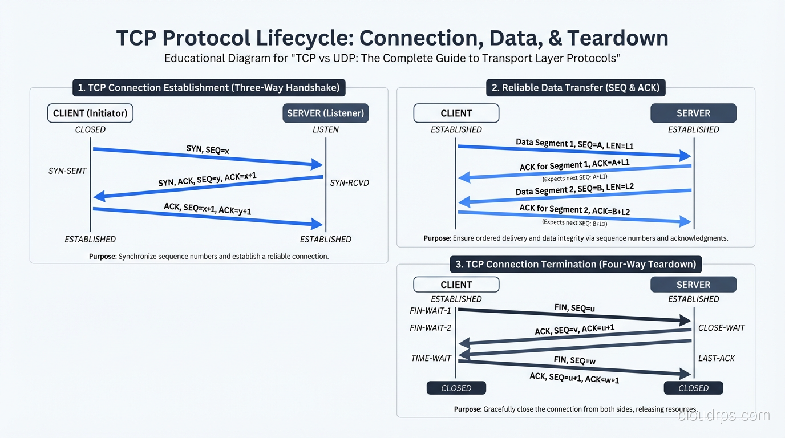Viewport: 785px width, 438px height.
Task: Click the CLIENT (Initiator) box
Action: [90, 113]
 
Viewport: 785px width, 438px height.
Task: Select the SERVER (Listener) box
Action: [325, 113]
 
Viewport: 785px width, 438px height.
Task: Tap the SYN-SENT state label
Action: [67, 171]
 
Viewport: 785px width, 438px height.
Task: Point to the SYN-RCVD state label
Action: [350, 183]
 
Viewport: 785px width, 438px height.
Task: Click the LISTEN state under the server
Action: [325, 129]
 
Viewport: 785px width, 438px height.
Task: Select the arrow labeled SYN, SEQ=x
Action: [208, 157]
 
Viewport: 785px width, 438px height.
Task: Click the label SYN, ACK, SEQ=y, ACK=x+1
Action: [207, 180]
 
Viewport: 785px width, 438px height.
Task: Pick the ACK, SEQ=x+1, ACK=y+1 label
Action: [207, 209]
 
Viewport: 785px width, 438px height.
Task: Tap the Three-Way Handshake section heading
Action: [209, 88]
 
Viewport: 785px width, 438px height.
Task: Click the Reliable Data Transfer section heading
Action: [575, 88]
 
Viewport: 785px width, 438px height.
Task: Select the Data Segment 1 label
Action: [574, 144]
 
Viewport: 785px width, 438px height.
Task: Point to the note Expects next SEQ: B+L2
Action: [574, 224]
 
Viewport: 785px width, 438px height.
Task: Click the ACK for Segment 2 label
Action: [574, 210]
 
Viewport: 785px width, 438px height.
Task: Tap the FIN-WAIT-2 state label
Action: [430, 328]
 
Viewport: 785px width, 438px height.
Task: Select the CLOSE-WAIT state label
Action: [721, 328]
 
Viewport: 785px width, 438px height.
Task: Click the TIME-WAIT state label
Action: [431, 358]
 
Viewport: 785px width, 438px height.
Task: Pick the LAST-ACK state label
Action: [717, 358]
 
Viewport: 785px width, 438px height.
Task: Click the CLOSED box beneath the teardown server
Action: [693, 388]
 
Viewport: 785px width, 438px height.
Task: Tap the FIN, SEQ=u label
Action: [574, 308]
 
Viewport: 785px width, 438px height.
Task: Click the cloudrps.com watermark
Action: [723, 416]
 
